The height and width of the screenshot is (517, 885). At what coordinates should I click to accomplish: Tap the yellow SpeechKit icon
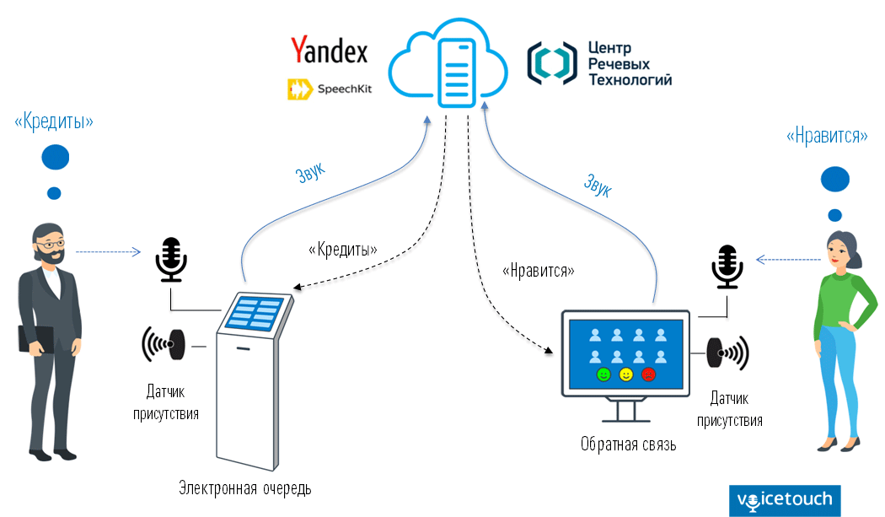pyautogui.click(x=299, y=88)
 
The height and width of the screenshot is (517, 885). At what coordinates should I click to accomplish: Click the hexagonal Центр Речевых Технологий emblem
pyautogui.click(x=551, y=63)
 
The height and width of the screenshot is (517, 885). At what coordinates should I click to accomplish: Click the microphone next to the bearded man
pyautogui.click(x=171, y=260)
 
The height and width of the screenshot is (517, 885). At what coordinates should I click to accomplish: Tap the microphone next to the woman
pyautogui.click(x=726, y=266)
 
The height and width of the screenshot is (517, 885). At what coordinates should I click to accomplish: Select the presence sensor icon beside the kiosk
pyautogui.click(x=165, y=344)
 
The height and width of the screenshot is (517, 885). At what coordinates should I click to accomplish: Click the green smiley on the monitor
pyautogui.click(x=603, y=374)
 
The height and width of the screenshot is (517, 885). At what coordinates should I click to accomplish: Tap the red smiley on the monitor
pyautogui.click(x=648, y=374)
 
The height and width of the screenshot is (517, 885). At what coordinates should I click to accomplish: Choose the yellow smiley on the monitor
pyautogui.click(x=625, y=374)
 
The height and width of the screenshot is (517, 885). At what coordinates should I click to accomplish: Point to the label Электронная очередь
pyautogui.click(x=245, y=487)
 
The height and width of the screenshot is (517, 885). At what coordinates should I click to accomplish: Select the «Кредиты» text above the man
pyautogui.click(x=53, y=121)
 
